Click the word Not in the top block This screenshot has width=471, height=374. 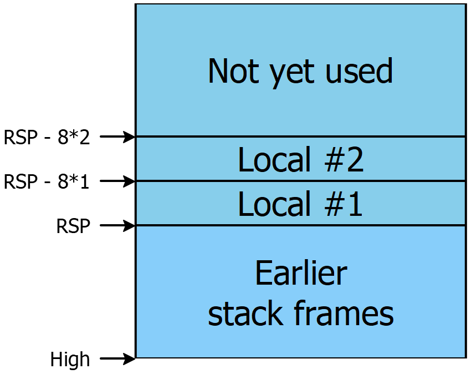(233, 71)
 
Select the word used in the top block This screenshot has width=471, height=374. (359, 70)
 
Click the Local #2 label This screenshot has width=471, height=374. (301, 159)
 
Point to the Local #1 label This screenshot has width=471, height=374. (300, 204)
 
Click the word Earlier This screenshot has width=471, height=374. (301, 273)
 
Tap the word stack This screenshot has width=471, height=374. (245, 313)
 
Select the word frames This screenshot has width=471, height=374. (344, 313)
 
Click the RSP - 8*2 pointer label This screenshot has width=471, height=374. (47, 137)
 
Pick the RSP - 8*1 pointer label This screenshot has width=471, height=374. (47, 182)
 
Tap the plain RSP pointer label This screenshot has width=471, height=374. (73, 226)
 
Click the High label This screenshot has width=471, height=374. (70, 359)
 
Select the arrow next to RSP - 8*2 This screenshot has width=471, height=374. (117, 137)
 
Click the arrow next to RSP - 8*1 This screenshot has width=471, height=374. (117, 181)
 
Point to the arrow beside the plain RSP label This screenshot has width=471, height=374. (117, 225)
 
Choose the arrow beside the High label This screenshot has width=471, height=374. (117, 358)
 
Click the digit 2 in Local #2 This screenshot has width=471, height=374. (355, 159)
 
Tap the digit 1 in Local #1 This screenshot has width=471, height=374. (355, 204)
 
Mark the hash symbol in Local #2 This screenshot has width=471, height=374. (334, 159)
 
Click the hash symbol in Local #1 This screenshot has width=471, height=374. (334, 204)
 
